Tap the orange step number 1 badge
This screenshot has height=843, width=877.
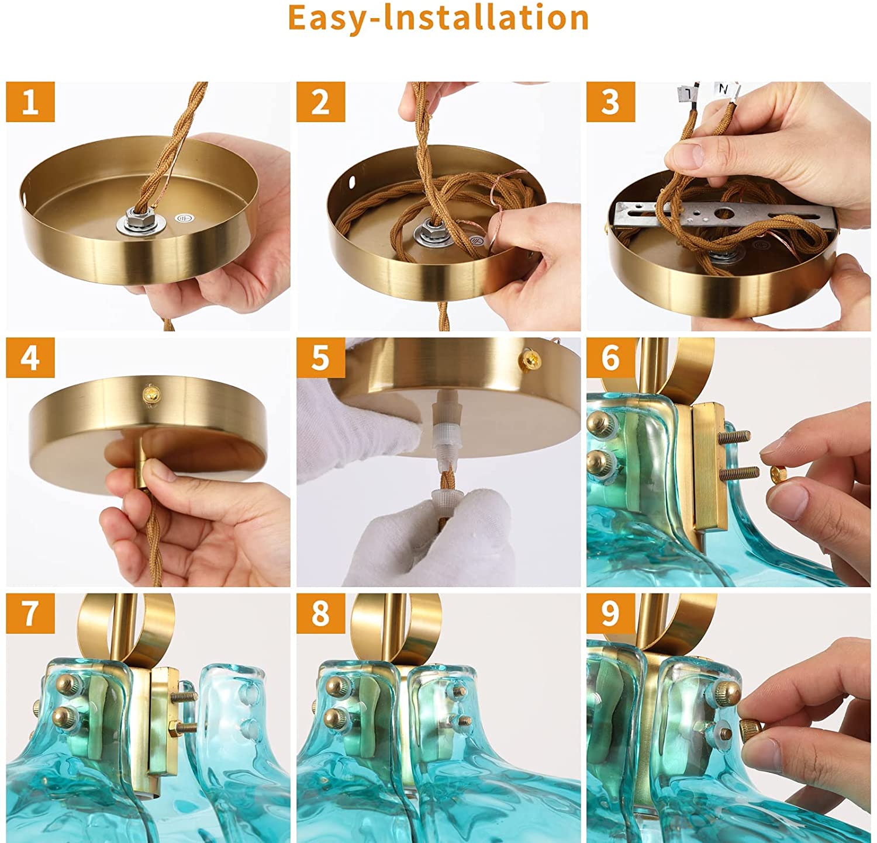pos(30,102)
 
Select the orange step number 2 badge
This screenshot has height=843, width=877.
pos(320,102)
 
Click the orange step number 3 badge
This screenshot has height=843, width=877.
pos(610,102)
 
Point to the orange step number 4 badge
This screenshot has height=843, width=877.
pos(30,358)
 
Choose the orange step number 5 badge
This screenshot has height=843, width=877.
pos(320,358)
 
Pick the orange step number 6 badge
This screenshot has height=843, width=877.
pos(610,358)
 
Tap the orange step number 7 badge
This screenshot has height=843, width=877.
pos(30,613)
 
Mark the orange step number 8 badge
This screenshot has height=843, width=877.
pos(320,613)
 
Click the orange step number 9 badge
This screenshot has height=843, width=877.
pos(610,613)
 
